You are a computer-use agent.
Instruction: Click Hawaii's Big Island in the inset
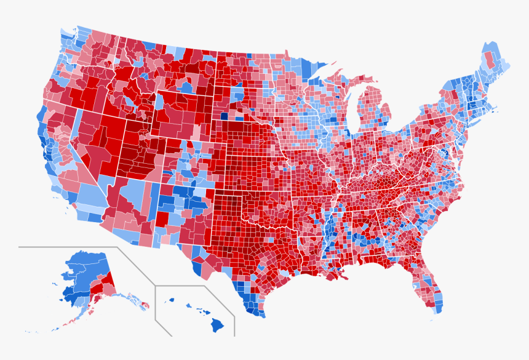click(217, 324)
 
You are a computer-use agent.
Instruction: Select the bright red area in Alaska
click(102, 284)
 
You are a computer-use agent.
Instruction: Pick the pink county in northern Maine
click(490, 59)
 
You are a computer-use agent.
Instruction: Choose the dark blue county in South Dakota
click(224, 115)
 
